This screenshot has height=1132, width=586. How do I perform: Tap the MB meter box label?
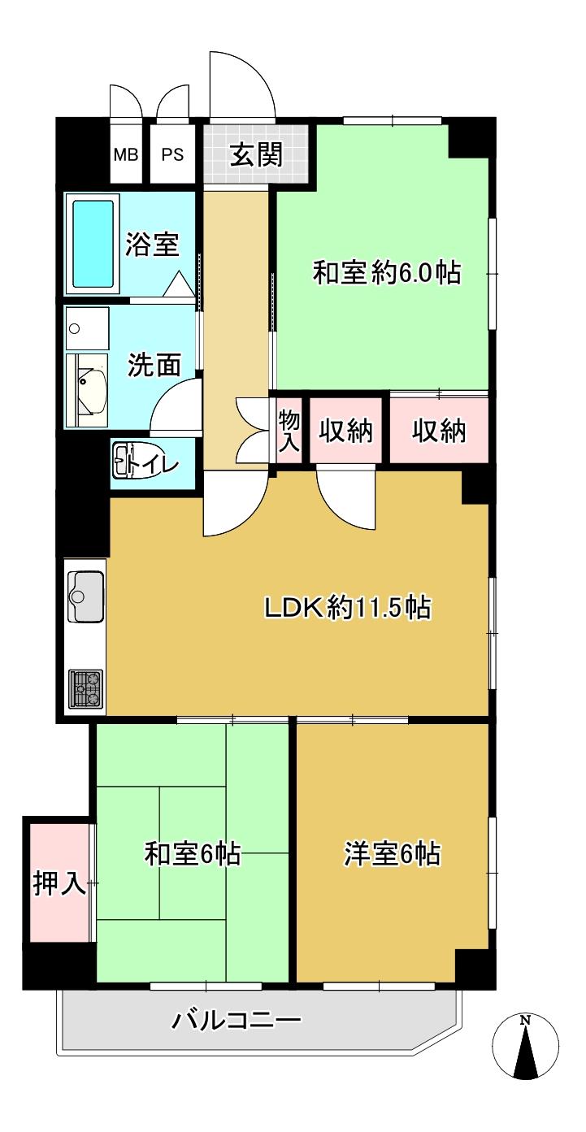pos(126,154)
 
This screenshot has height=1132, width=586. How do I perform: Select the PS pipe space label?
pos(172,154)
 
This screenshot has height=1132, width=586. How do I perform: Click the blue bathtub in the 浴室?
pos(93,244)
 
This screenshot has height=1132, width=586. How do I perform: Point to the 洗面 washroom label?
pos(154,364)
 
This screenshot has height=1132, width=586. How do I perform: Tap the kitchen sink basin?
pos(85,596)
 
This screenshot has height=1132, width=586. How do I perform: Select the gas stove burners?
pos(85,688)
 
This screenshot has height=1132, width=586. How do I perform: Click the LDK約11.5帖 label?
pos(348,607)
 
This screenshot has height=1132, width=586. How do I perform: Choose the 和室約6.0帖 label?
pos(386,273)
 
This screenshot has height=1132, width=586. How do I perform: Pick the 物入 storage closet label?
pos(289,430)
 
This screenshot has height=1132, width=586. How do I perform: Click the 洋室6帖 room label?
pos(392,853)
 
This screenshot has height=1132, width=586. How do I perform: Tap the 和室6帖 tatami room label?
pos(192,853)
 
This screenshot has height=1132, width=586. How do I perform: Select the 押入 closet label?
pos(59,896)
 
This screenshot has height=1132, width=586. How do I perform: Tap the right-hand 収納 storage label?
pos(438,431)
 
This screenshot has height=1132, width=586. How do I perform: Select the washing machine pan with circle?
pos(86,328)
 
